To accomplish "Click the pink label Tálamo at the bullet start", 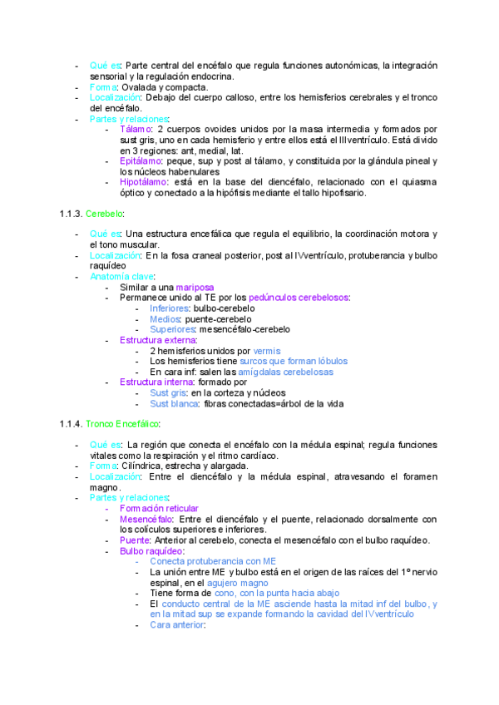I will pos(136,130).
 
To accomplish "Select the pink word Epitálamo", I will pos(141,161).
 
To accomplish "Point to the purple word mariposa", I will pos(194,287).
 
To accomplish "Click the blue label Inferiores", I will pos(169,308).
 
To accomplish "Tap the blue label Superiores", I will pos(172,329).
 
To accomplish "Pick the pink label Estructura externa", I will pos(157,340).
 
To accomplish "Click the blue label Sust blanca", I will pos(173,403).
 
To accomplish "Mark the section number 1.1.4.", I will pos(71,424).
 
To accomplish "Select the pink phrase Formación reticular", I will pos(159,508).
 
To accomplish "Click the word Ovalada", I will pos(137,87).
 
